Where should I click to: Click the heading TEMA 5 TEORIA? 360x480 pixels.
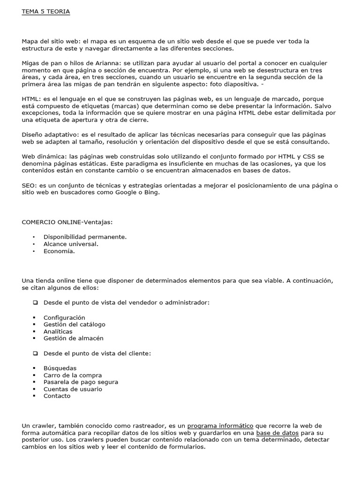coord(46,12)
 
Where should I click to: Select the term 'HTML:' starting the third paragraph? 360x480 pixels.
coord(31,99)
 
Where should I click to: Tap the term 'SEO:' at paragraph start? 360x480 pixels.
coord(29,186)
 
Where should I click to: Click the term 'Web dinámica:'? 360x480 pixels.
coord(44,157)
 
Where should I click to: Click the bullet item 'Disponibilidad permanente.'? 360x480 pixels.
coord(85,237)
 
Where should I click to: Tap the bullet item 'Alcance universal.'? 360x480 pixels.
coord(71,244)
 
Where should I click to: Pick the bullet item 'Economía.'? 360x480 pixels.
coord(59,251)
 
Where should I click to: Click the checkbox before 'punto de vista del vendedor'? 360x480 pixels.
coord(35,303)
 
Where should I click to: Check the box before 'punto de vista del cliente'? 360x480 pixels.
coord(35,353)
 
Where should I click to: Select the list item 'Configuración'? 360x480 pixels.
coord(64,317)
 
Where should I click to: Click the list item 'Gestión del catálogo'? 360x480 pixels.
coord(74,324)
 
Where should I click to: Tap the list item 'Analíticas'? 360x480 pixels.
coord(58,331)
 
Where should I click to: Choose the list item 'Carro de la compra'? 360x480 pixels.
coord(72,375)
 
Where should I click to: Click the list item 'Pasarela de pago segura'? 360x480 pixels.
coord(81,382)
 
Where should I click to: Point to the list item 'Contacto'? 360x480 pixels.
coord(57,396)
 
